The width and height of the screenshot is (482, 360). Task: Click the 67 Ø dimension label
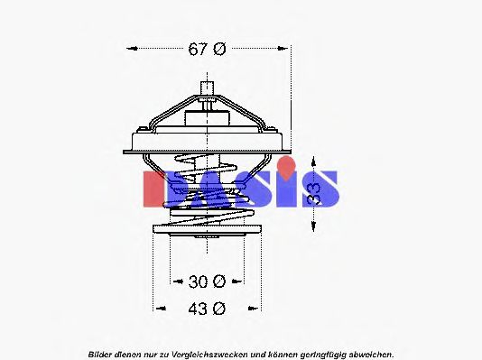tap(207, 50)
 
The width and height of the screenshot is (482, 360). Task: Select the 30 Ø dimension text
tap(207, 281)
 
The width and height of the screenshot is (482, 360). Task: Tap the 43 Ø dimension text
tap(207, 308)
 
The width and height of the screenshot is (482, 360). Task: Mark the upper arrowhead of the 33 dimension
tap(314, 156)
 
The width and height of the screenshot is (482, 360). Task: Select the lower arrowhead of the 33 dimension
tap(314, 230)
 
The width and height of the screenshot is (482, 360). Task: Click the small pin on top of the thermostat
tap(209, 89)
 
